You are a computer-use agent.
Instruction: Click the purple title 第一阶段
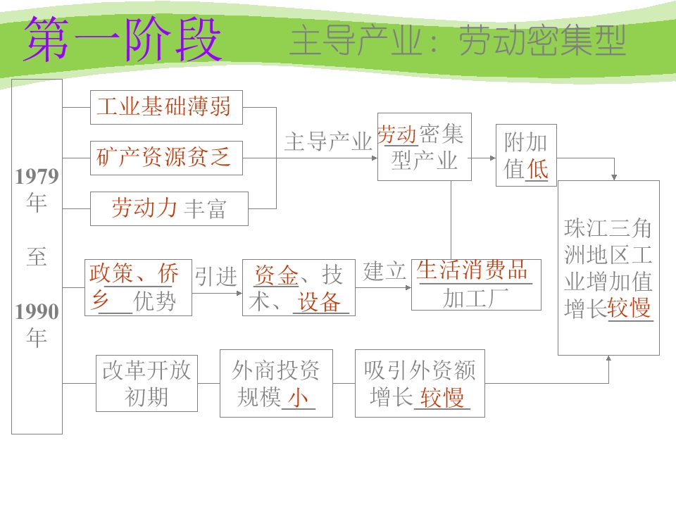click(x=123, y=39)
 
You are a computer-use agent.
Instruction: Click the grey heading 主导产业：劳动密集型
click(x=458, y=41)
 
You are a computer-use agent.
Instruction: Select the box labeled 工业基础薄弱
click(x=166, y=107)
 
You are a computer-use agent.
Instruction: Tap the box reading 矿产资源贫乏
click(x=166, y=158)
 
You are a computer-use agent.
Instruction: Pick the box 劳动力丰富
click(x=169, y=208)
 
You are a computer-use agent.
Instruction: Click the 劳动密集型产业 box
click(x=424, y=146)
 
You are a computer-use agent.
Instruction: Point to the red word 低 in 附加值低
click(x=537, y=169)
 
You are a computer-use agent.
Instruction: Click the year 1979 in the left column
click(x=37, y=176)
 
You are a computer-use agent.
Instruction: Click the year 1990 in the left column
click(x=37, y=312)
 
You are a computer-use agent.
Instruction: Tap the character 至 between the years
click(x=37, y=257)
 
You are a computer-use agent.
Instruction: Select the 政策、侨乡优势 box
click(x=138, y=287)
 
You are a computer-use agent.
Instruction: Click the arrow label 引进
click(x=216, y=276)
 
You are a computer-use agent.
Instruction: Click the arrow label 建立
click(x=384, y=271)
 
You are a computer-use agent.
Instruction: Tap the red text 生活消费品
click(x=472, y=270)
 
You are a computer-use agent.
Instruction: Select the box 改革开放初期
click(x=146, y=383)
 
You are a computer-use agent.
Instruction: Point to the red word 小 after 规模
click(x=298, y=397)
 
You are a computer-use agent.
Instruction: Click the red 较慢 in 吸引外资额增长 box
click(x=442, y=397)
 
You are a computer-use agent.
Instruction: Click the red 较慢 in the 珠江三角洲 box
click(x=630, y=308)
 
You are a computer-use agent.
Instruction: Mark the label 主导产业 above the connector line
click(x=328, y=142)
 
